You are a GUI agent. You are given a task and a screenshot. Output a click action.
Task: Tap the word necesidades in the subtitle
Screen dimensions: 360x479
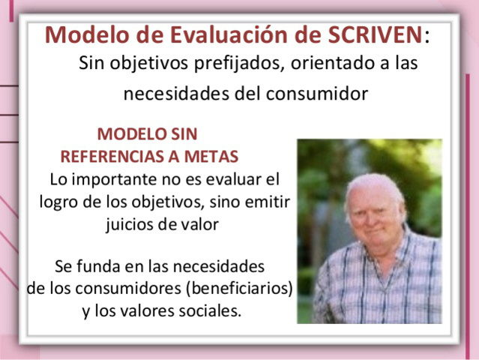click(x=175, y=94)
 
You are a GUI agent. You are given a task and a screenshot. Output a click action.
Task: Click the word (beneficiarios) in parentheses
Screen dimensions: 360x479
click(x=239, y=288)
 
